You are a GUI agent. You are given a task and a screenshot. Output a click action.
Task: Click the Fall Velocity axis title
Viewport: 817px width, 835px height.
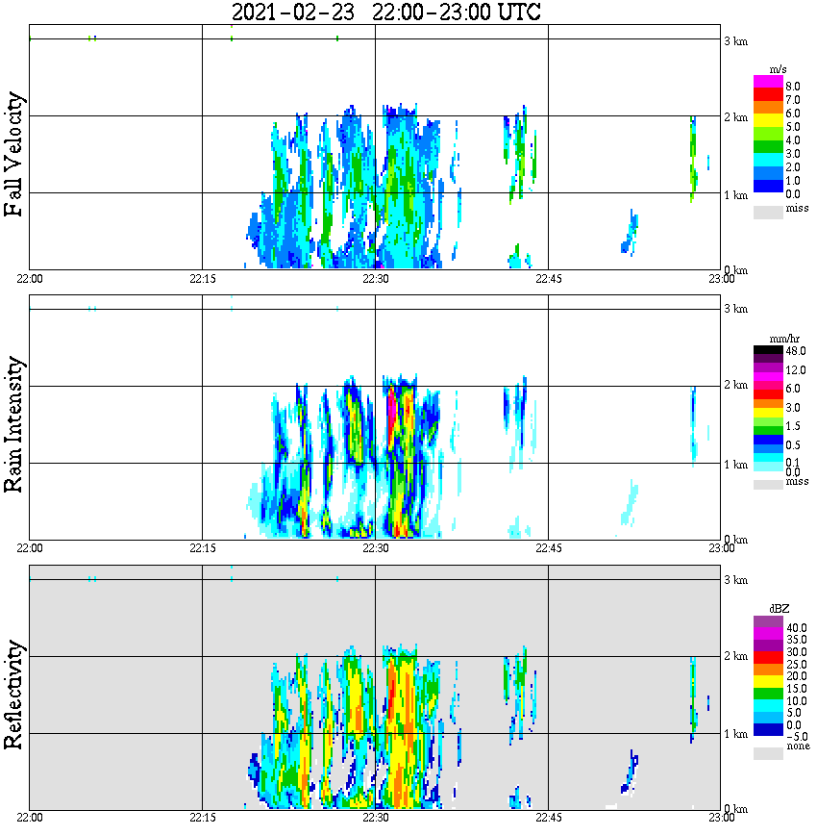pos(14,155)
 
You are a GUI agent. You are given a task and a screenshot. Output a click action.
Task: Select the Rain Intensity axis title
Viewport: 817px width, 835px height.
pos(14,424)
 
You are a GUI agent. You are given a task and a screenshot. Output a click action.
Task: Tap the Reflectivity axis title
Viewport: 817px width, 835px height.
pos(14,696)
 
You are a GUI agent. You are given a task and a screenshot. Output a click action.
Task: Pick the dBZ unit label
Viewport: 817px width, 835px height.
pos(767,610)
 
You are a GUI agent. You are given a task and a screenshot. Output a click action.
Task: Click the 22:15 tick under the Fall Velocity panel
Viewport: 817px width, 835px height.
pos(201,279)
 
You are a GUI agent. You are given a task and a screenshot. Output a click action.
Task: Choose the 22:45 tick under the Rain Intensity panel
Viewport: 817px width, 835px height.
pos(548,548)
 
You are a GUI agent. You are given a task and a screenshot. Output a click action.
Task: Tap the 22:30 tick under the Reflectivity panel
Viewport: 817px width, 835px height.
pos(375,818)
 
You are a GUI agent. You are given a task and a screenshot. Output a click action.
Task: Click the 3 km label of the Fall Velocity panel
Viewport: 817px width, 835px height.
pos(734,40)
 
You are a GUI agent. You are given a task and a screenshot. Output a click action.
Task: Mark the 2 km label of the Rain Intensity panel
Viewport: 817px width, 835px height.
pos(734,386)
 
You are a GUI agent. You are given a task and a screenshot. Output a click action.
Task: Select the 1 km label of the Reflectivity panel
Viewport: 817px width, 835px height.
pos(734,734)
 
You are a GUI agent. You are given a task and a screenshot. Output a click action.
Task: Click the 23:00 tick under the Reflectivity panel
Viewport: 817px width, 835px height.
pos(721,818)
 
